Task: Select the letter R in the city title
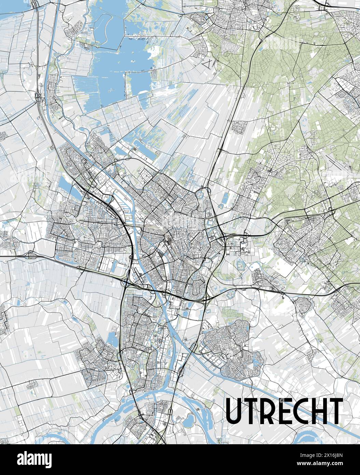266,410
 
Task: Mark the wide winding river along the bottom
143,398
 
